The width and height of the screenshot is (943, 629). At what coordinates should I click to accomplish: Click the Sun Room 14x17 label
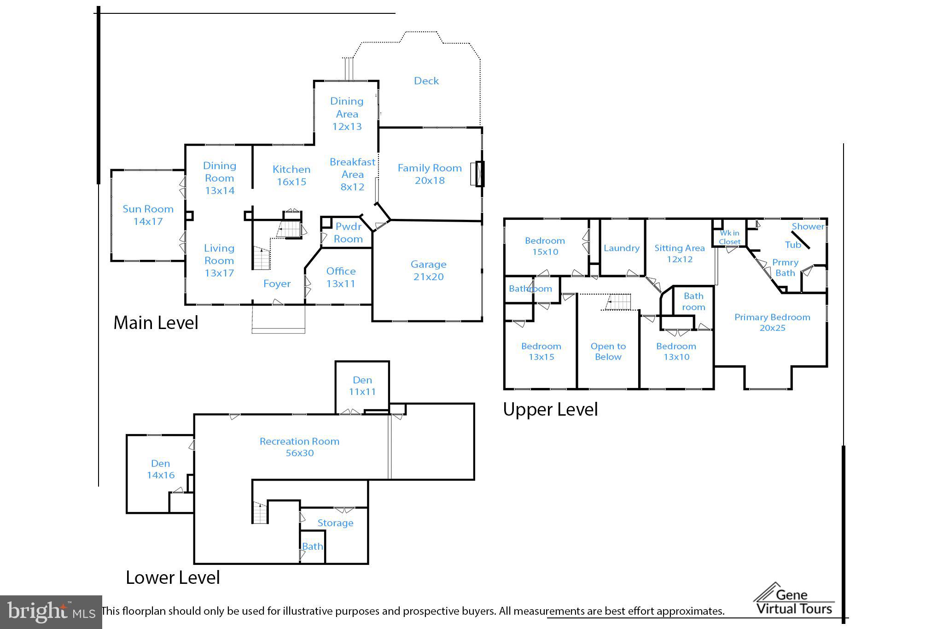[x=148, y=215]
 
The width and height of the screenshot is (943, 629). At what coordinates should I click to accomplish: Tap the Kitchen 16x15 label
[x=291, y=176]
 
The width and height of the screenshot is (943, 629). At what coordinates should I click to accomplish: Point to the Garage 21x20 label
[x=428, y=270]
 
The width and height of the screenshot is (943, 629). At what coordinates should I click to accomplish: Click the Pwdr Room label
[x=348, y=233]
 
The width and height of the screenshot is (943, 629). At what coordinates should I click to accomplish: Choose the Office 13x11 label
[x=341, y=277]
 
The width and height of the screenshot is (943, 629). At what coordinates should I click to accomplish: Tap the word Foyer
[x=277, y=284]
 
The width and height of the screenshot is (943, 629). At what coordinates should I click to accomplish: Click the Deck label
[x=426, y=81]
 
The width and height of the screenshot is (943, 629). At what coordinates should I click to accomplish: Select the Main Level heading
[x=156, y=323]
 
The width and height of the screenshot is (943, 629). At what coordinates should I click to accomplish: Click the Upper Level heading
[x=550, y=409]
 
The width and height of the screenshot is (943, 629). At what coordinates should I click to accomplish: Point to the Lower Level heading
[x=173, y=577]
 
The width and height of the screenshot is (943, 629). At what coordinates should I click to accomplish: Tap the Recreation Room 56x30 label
[x=299, y=447]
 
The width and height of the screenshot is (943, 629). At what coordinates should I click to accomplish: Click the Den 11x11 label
[x=362, y=386]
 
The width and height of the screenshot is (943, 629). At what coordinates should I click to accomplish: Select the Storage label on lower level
[x=335, y=523]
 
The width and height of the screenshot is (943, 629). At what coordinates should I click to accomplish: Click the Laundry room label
[x=621, y=248]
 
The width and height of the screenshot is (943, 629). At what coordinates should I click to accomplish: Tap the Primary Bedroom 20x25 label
[x=772, y=323]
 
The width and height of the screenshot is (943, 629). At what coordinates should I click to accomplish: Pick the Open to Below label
[x=608, y=352]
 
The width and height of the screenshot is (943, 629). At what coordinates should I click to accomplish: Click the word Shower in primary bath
[x=808, y=226]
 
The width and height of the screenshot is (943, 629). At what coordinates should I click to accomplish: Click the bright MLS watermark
[x=51, y=612]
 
